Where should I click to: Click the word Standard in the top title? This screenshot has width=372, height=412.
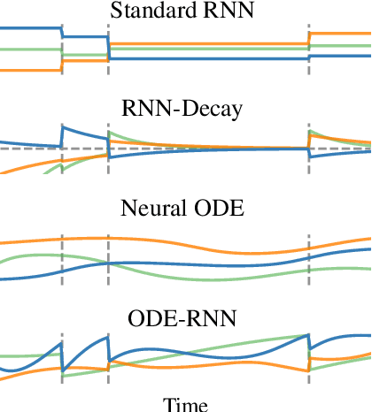tap(142, 11)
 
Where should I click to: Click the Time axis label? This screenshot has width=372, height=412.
tap(185, 404)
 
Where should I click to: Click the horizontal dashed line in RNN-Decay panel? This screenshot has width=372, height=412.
tap(221, 148)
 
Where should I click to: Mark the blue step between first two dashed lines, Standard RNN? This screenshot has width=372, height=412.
tap(84, 37)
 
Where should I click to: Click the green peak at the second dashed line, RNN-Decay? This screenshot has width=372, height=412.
tap(110, 134)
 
